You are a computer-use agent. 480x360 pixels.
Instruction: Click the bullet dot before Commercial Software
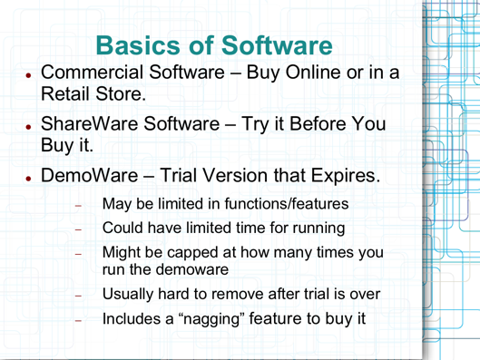pyautogui.click(x=32, y=74)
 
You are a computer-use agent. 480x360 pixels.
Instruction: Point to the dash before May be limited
pyautogui.click(x=78, y=205)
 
